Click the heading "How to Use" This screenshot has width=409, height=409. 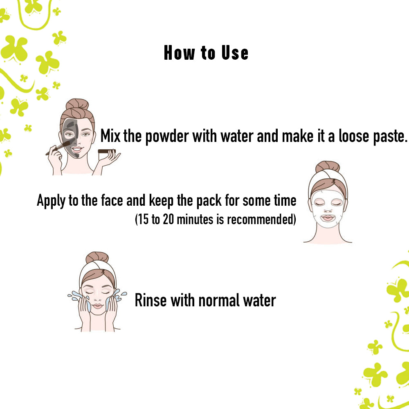click(206, 53)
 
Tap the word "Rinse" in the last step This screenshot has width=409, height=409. click(151, 301)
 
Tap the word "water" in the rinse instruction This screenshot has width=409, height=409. click(259, 301)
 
